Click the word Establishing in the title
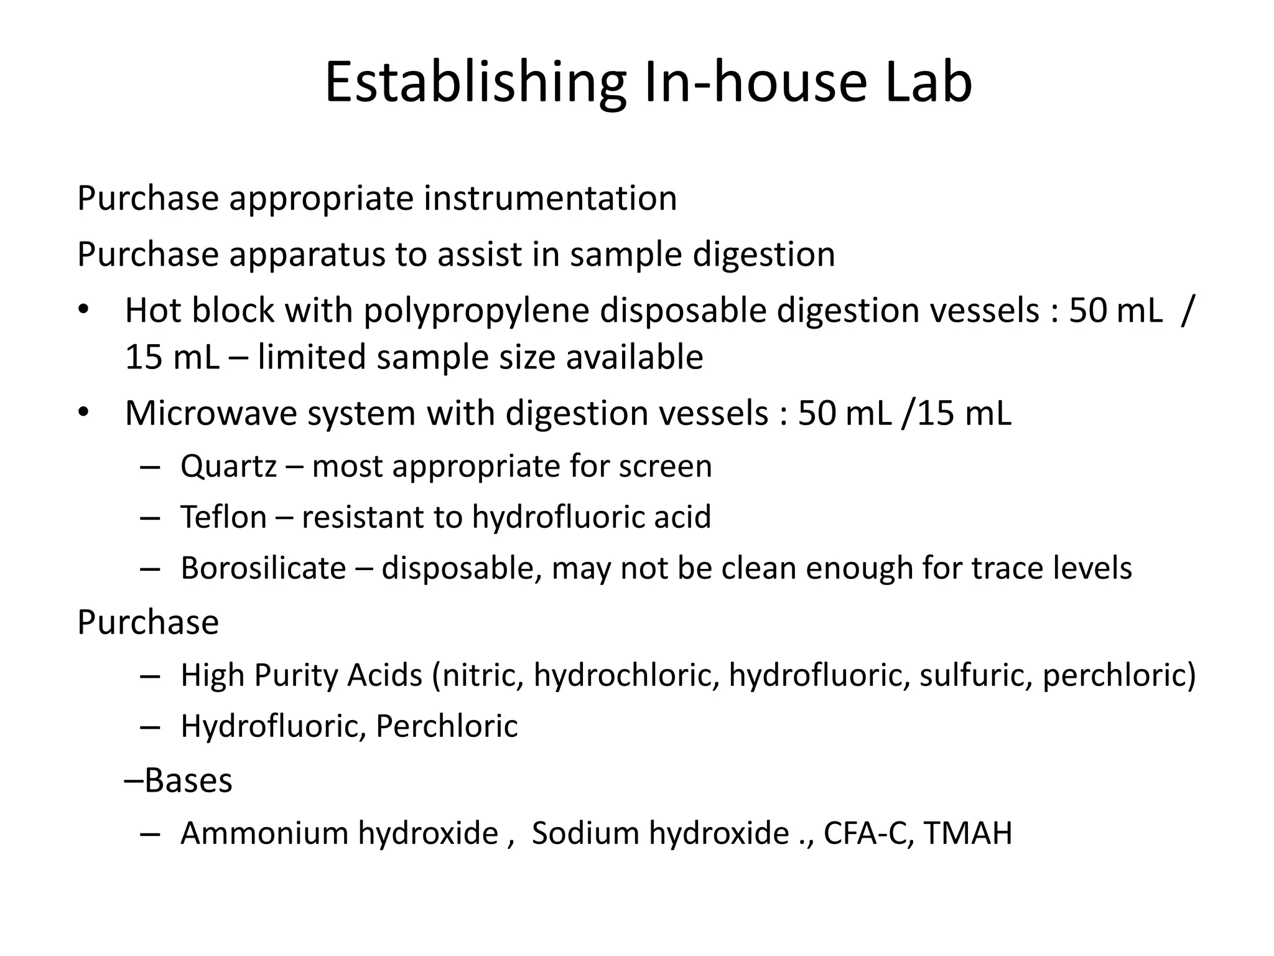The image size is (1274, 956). (x=475, y=83)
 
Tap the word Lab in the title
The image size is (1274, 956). (x=928, y=83)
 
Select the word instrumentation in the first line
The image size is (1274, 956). (x=551, y=199)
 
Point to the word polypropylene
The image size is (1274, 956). (x=476, y=311)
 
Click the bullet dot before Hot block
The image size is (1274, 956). (x=84, y=310)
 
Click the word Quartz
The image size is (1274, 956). (x=228, y=466)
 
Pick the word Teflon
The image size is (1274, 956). (x=223, y=517)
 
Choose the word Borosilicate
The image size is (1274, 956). (x=263, y=568)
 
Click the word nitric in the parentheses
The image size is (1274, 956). (x=481, y=675)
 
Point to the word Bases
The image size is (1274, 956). (x=188, y=780)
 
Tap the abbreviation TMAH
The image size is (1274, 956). (x=968, y=833)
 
